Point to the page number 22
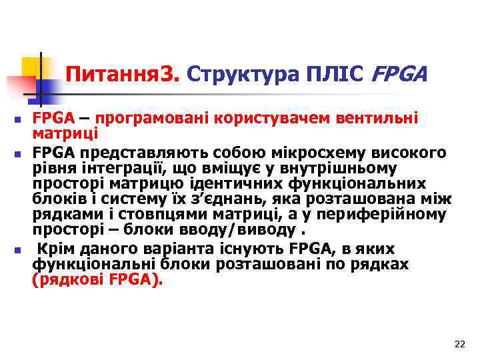pos(459,344)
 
